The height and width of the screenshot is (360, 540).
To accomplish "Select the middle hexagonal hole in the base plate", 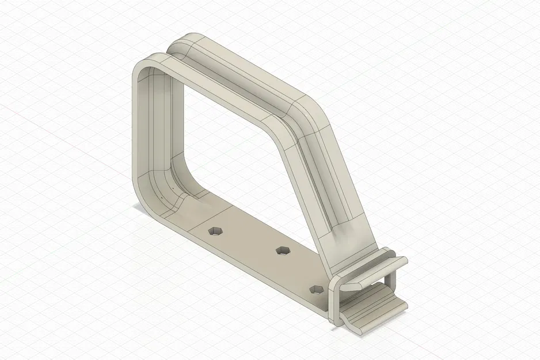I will coord(283,250).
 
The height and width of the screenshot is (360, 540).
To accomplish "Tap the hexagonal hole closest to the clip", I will coord(316,289).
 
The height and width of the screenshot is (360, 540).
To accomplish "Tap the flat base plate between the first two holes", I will coord(248,239).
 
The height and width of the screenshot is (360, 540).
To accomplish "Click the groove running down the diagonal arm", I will coord(328,173).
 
